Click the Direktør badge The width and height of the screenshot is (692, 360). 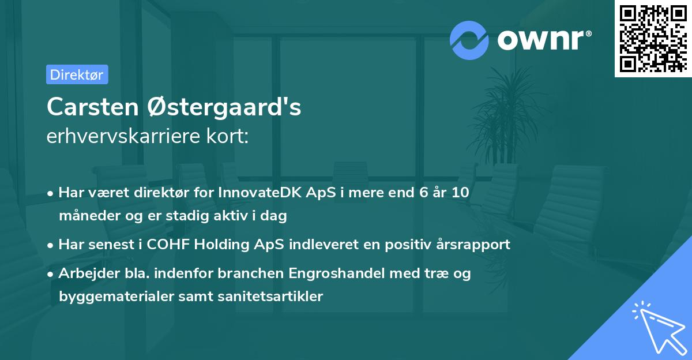77,74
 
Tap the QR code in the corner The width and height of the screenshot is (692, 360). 652,38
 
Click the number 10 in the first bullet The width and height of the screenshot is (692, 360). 460,193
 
